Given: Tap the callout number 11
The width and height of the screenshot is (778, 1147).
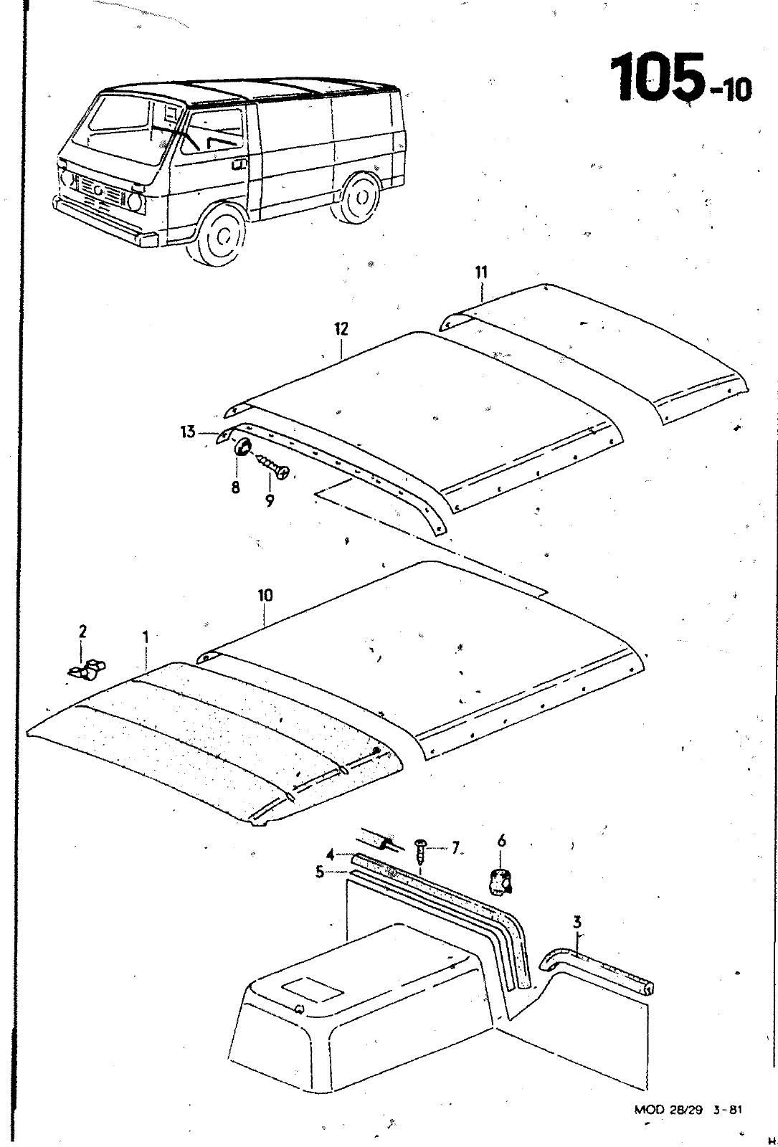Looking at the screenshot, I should coord(480,272).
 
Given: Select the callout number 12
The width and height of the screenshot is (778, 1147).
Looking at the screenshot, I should coord(341,329).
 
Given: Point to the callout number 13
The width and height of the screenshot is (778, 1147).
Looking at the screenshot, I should coord(188,432).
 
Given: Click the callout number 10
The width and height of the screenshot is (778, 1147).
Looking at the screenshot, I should coord(265,595).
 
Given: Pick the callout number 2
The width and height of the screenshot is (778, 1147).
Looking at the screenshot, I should coord(82,632).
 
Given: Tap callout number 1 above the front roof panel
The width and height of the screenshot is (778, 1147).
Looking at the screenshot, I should coord(146,636).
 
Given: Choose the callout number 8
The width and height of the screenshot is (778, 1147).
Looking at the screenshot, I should coord(235,487).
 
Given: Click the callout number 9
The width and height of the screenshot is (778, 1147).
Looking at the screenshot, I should coord(269,501).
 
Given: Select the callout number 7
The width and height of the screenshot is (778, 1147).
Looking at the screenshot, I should coord(455,849).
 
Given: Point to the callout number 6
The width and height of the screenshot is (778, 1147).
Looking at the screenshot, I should coord(502,841).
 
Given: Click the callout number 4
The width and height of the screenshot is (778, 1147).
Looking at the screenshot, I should coord(331,855).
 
